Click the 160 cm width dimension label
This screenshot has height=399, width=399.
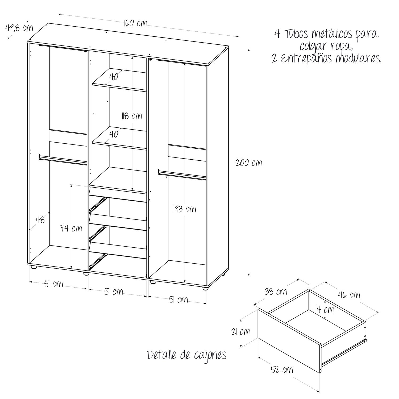(x=135, y=23)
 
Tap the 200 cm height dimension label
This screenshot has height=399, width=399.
(x=249, y=162)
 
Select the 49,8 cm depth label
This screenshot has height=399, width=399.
(x=19, y=28)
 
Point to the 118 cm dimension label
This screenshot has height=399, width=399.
(x=132, y=116)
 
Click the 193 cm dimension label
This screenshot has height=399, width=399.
(x=184, y=209)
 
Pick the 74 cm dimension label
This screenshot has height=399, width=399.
(x=71, y=228)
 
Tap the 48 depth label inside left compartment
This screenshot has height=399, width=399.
(x=40, y=220)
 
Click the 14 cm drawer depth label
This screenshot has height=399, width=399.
(x=325, y=310)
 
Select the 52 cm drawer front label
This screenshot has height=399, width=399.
(x=282, y=370)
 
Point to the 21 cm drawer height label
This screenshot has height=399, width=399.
(x=241, y=332)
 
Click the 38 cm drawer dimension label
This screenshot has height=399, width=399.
(x=276, y=292)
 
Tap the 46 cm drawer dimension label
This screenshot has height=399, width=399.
(x=349, y=295)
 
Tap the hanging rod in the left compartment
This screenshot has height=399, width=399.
(x=63, y=160)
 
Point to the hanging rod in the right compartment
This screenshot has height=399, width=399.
(x=182, y=174)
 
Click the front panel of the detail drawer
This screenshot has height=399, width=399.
(x=289, y=341)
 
